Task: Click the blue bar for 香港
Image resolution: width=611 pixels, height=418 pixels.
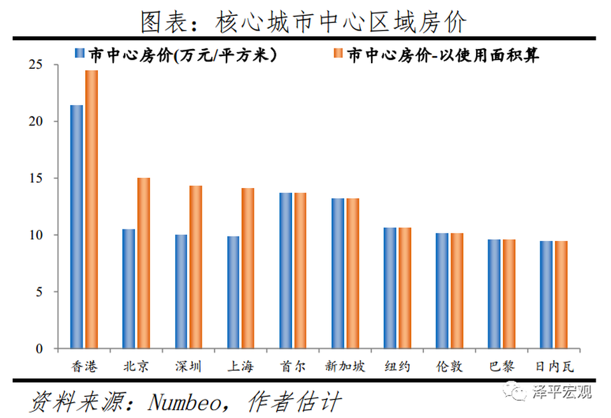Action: pos(76,227)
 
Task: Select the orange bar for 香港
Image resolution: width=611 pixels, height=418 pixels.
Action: pos(92,210)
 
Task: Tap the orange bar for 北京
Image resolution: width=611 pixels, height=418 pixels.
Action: pos(144,263)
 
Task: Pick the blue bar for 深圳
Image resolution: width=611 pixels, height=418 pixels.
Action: pos(181,292)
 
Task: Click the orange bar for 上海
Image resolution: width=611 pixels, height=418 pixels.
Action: pos(248,268)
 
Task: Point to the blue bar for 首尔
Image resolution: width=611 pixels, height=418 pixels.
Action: pos(285,271)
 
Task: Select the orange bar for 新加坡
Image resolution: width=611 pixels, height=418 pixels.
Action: pos(353,273)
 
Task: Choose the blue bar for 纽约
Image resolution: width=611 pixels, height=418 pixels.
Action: pos(390,288)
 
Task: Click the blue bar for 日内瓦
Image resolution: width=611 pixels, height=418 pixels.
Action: pos(546,295)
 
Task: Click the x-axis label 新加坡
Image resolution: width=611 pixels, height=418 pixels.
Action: pos(345,366)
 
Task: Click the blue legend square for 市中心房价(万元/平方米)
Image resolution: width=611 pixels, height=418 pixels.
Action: pos(80,55)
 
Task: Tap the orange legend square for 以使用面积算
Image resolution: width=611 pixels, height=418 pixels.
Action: pos(337,55)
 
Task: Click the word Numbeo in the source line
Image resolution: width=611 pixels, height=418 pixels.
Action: pos(181,401)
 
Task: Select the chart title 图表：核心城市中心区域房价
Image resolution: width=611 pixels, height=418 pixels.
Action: pos(304,23)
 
